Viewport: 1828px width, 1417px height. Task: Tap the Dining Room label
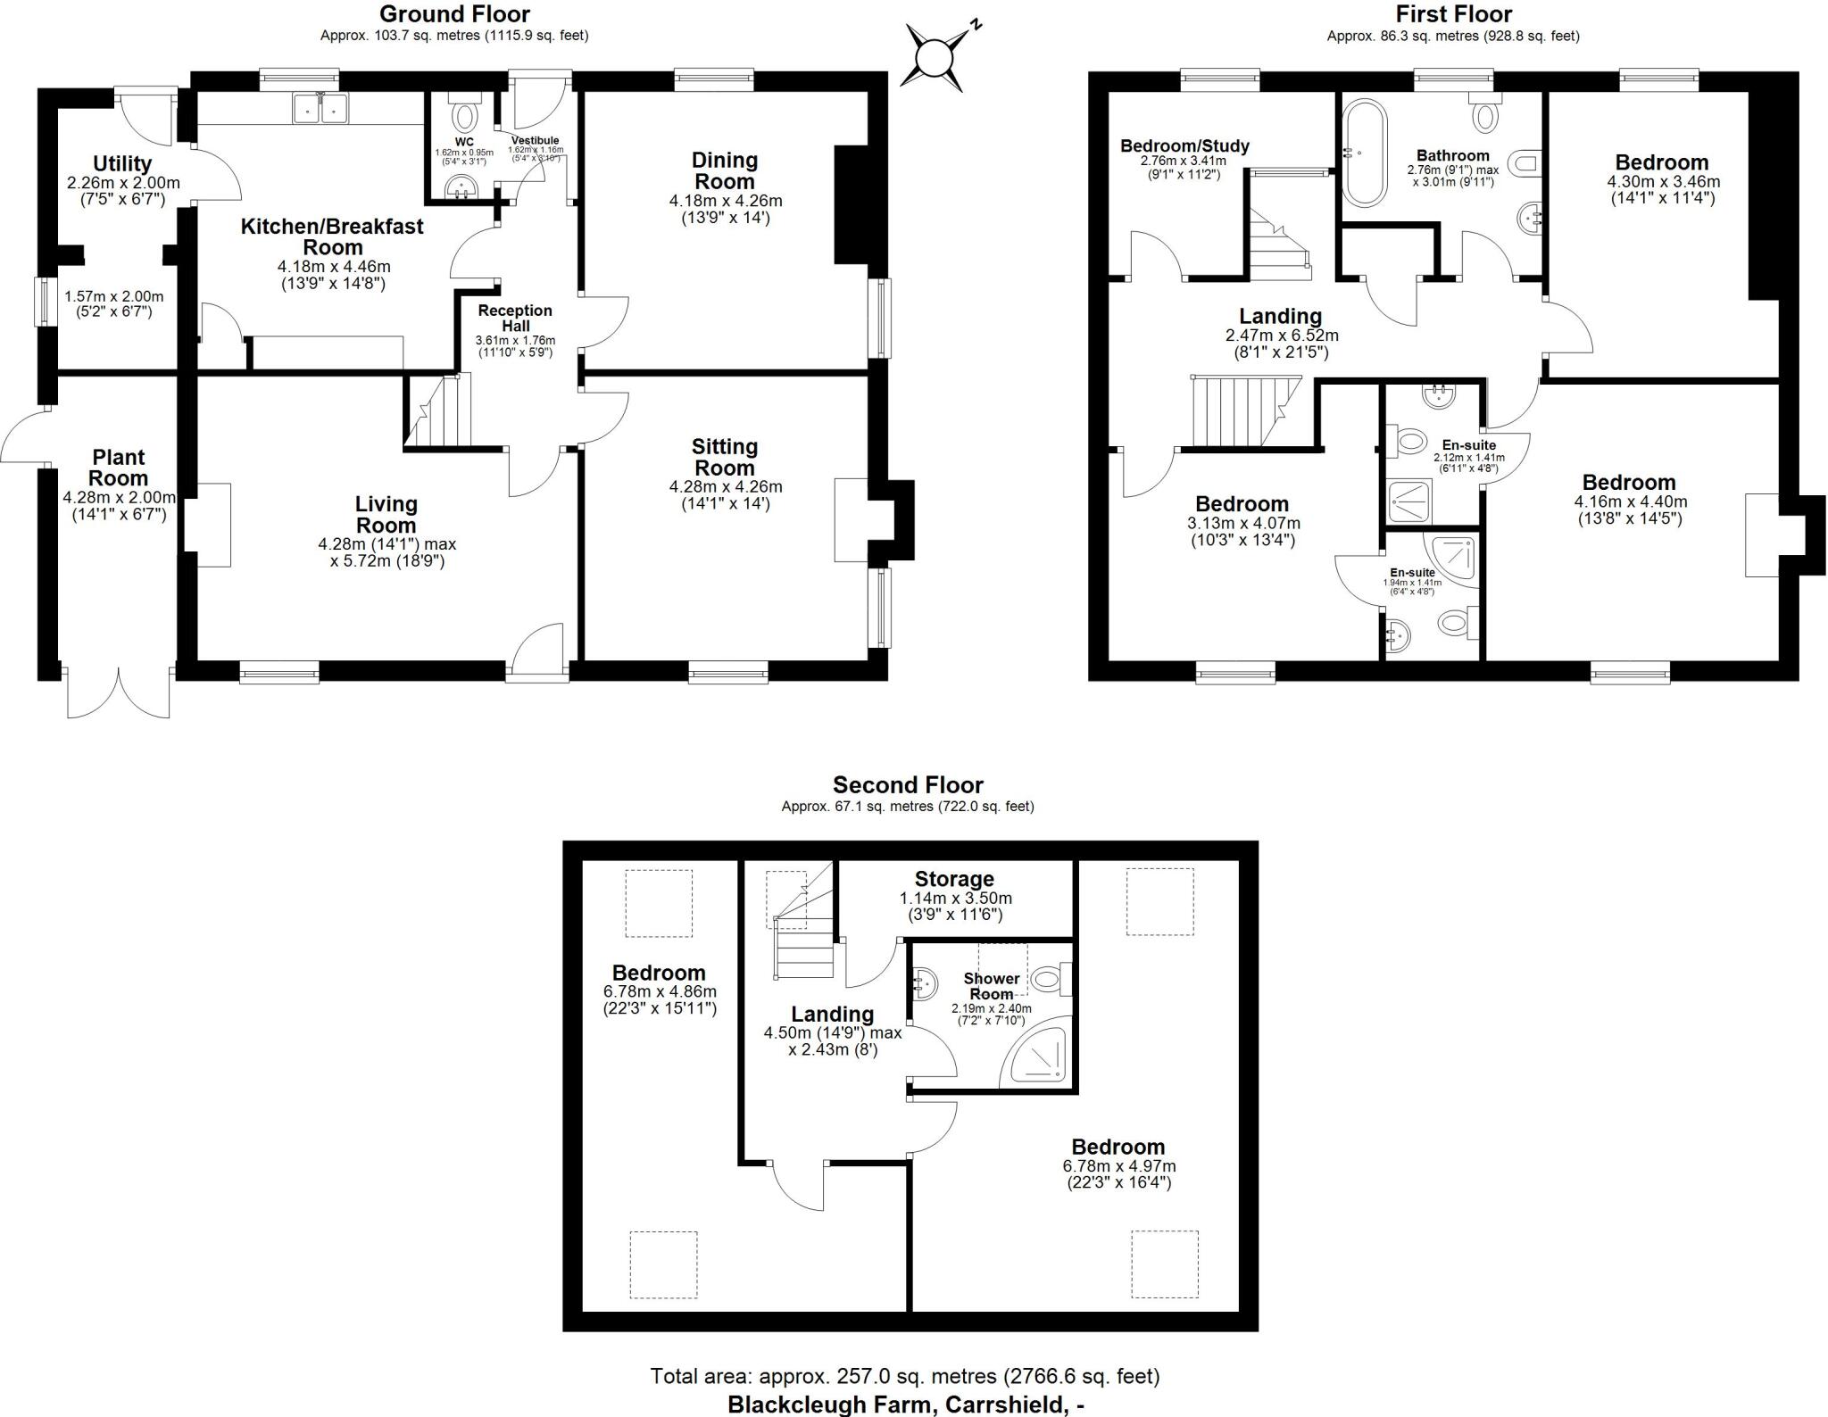(724, 170)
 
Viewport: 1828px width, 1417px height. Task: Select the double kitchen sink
(320, 109)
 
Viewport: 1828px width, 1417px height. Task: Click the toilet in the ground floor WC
(464, 117)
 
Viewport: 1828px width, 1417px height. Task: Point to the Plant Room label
(118, 468)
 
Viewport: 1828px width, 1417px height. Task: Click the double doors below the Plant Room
(118, 692)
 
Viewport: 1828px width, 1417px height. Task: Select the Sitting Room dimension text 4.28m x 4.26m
(725, 487)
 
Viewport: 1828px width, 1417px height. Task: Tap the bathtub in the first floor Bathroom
(1366, 153)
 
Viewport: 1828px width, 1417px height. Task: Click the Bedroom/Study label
(1184, 145)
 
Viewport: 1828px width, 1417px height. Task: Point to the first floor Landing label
(1279, 316)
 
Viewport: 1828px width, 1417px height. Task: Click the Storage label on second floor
(953, 879)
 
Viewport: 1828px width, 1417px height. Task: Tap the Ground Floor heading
(454, 14)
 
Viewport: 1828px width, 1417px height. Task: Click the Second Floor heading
(907, 785)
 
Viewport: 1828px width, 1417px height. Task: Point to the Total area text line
(904, 1376)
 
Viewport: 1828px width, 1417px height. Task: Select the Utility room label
(122, 164)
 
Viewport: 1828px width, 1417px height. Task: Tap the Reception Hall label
(515, 319)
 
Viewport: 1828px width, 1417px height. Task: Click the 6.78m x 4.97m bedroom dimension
(1118, 1166)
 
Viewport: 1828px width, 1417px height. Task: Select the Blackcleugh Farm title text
(905, 1404)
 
